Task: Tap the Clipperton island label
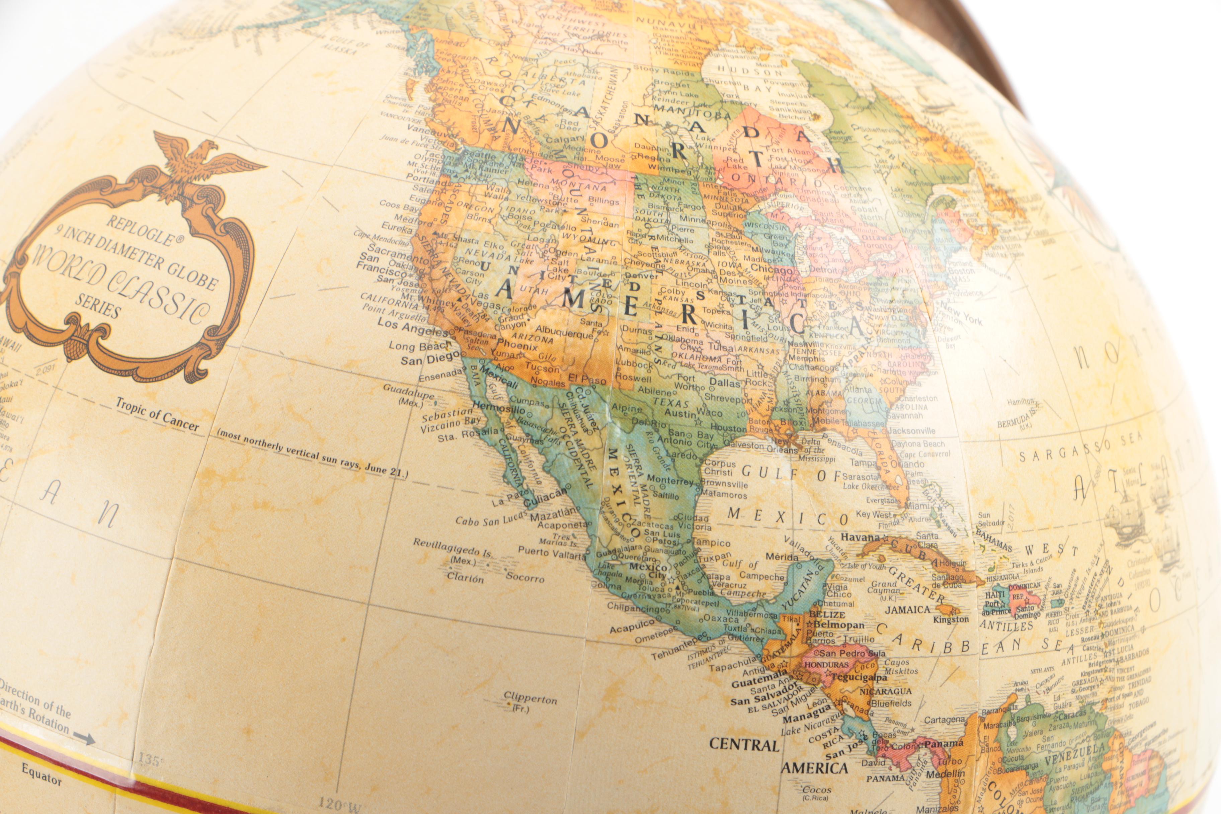click(x=531, y=698)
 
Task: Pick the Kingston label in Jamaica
click(x=951, y=619)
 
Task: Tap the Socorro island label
click(x=525, y=577)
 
